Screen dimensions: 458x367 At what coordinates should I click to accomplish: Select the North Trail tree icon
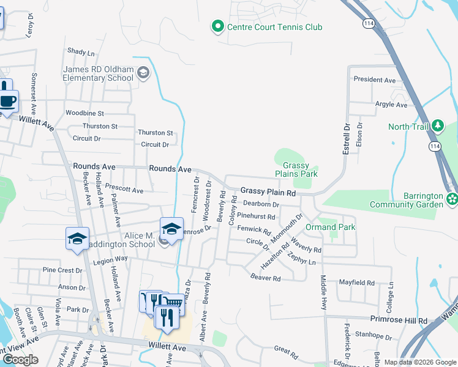438,126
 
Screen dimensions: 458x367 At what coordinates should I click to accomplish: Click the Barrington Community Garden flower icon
452,198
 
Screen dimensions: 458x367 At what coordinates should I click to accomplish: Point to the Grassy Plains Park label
300,169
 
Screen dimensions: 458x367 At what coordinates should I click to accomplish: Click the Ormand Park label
331,227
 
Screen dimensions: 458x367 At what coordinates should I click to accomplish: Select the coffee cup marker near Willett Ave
8,101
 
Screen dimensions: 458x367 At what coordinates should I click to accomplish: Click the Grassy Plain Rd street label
268,192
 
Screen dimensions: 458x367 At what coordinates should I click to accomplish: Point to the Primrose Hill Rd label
399,320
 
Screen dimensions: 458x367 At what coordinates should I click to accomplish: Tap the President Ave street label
375,80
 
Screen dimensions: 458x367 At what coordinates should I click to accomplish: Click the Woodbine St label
85,113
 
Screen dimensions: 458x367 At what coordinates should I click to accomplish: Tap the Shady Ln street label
81,52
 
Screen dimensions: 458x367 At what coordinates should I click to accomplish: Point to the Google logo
20,360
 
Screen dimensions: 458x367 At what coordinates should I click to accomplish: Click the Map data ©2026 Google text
420,362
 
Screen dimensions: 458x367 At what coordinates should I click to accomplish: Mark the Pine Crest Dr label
62,270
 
